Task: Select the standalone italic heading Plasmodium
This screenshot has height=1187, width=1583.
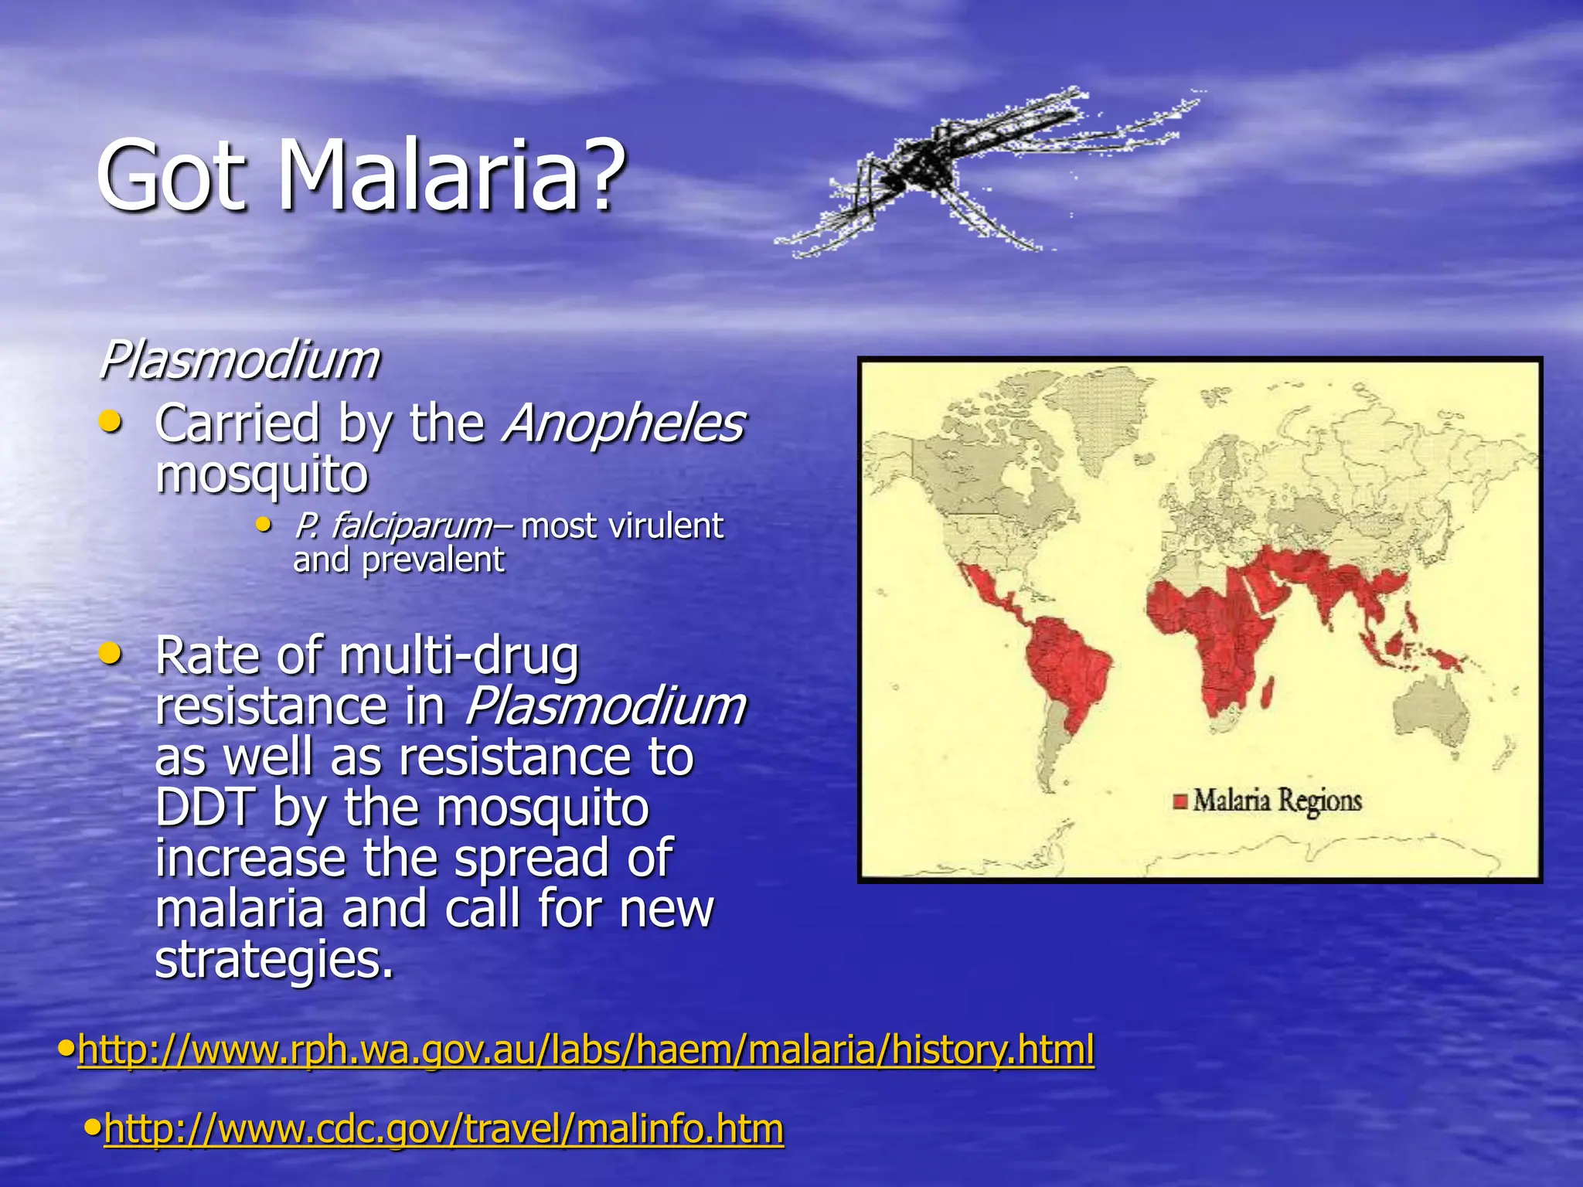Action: click(x=240, y=360)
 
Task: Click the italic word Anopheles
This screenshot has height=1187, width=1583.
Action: click(x=623, y=423)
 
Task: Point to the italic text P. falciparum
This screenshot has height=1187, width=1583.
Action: click(x=393, y=527)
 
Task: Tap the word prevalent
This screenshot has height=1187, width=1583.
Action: click(x=433, y=560)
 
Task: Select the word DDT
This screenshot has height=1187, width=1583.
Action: click(x=204, y=808)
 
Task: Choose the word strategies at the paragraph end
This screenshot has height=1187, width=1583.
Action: click(x=274, y=960)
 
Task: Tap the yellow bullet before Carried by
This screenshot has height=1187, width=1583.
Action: click(x=111, y=422)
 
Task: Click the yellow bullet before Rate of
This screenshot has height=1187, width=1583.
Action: click(x=111, y=655)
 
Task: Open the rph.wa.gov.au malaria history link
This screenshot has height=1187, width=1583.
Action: click(x=586, y=1049)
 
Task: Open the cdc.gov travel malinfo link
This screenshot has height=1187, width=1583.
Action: click(x=444, y=1129)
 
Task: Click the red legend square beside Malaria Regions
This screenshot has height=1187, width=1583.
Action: click(x=1180, y=801)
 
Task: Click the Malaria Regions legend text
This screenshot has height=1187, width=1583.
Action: click(x=1277, y=801)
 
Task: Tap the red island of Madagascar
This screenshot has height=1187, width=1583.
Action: click(x=1268, y=691)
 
